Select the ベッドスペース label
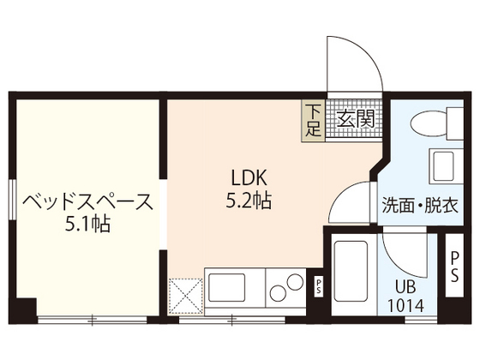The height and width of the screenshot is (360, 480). pos(87,203)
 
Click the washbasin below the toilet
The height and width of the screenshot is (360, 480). pos(442,165)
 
